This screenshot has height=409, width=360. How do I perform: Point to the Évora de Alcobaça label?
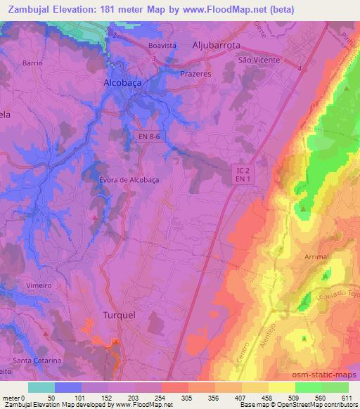click(x=129, y=179)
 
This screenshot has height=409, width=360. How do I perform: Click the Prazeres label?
click(x=195, y=73)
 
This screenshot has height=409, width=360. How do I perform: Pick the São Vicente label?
click(x=259, y=60)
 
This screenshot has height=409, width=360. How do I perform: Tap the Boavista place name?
click(x=162, y=45)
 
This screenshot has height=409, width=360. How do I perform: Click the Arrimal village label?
click(x=317, y=257)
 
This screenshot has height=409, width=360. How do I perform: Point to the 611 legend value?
click(x=347, y=398)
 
